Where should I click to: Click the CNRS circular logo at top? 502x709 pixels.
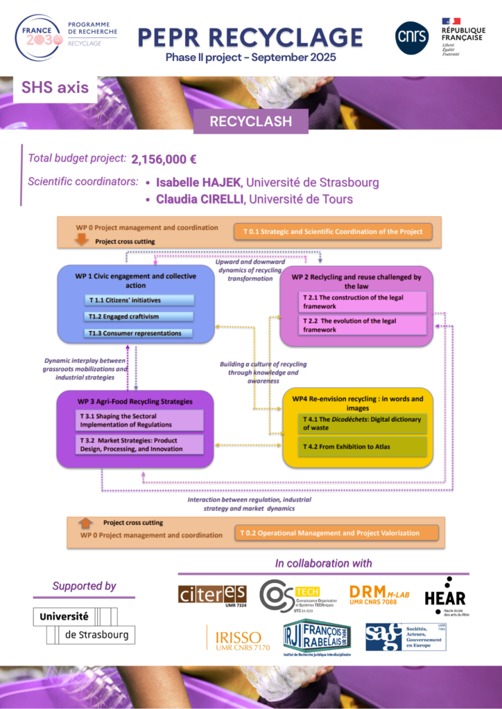pos(412,37)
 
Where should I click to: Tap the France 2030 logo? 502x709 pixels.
pos(40,35)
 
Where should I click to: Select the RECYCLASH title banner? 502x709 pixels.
pos(250,123)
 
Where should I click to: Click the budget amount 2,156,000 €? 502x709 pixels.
pos(164,159)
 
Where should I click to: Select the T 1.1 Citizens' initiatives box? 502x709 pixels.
pos(140,300)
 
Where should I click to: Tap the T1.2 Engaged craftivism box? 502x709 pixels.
pos(140,316)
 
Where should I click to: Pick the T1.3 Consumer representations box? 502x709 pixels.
pos(140,333)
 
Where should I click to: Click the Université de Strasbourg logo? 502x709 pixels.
pos(84,625)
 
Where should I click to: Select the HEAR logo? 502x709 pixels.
pos(444,596)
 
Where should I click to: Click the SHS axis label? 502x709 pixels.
pos(51,88)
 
